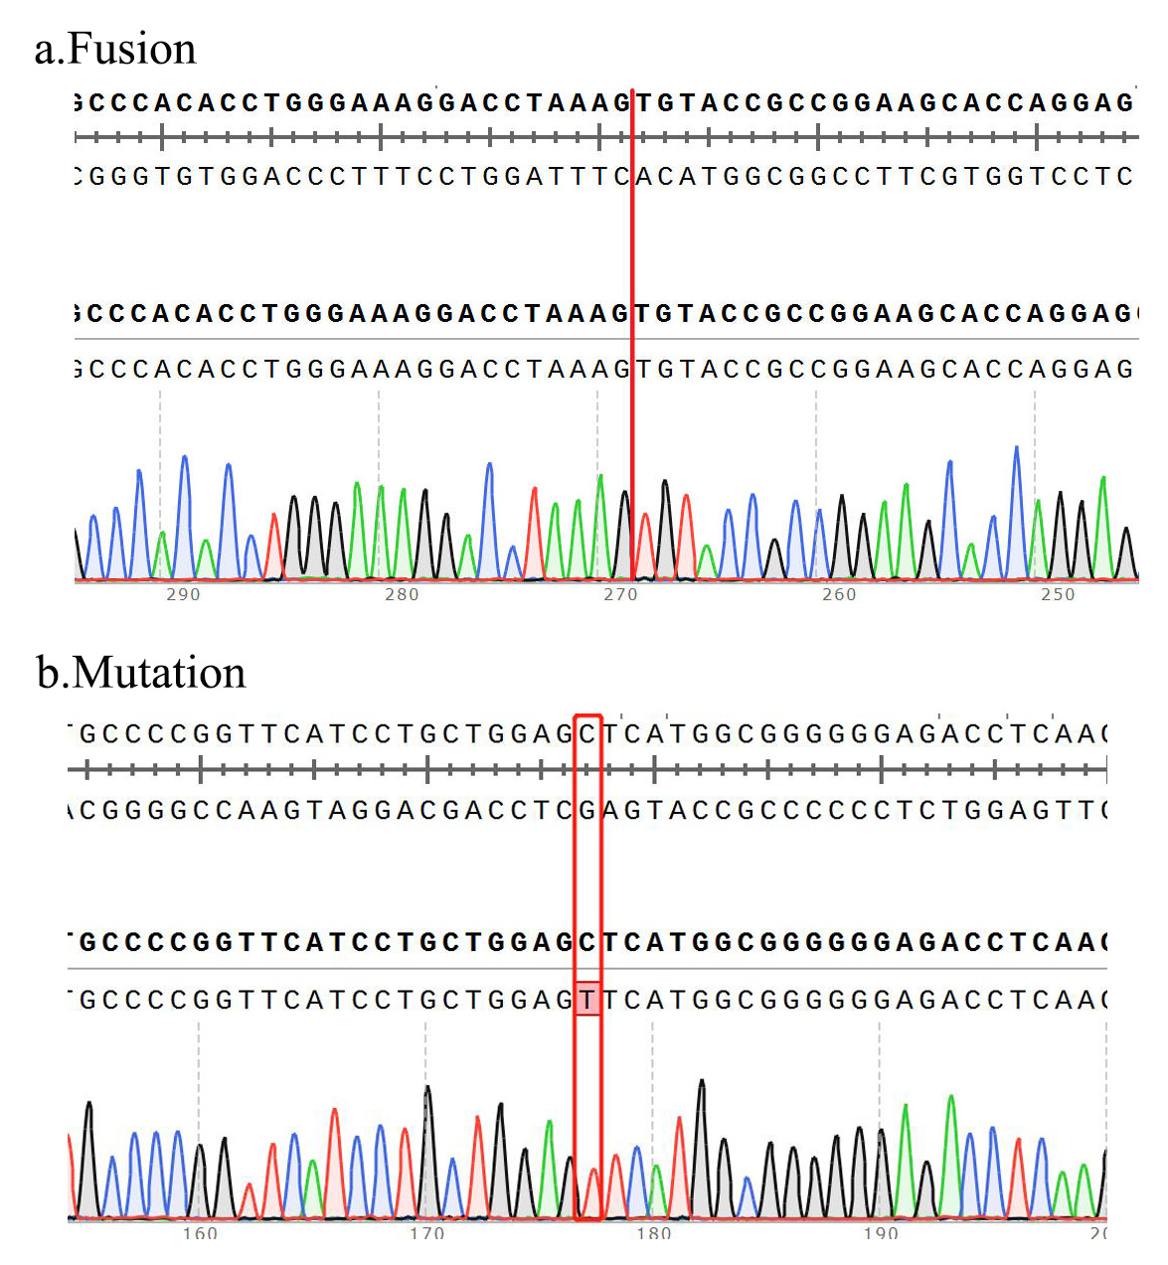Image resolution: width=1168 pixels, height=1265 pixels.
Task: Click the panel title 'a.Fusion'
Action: tap(115, 49)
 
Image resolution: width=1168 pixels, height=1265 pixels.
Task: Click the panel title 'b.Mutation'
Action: tap(141, 673)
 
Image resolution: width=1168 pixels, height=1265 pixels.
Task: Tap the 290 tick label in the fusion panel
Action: tap(183, 594)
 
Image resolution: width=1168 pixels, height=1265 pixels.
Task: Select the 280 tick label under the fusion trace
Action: tap(402, 594)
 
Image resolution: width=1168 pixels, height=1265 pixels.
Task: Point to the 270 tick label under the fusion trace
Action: tap(620, 594)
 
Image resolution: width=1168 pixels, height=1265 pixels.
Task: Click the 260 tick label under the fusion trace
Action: tap(839, 594)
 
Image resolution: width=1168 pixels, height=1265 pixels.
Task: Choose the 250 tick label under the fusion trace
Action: tap(1058, 594)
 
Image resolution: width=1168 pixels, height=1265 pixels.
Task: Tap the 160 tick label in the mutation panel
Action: tap(200, 1233)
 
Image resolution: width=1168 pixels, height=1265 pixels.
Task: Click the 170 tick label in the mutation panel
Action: tap(426, 1233)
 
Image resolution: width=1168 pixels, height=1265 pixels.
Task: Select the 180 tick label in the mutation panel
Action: tap(653, 1233)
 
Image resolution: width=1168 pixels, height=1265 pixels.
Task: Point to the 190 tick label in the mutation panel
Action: tap(880, 1233)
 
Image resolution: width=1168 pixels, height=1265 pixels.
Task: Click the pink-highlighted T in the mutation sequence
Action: tap(588, 999)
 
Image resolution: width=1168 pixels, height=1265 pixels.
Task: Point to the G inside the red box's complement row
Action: tap(588, 811)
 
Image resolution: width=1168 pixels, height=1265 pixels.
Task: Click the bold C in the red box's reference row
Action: tap(588, 941)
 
